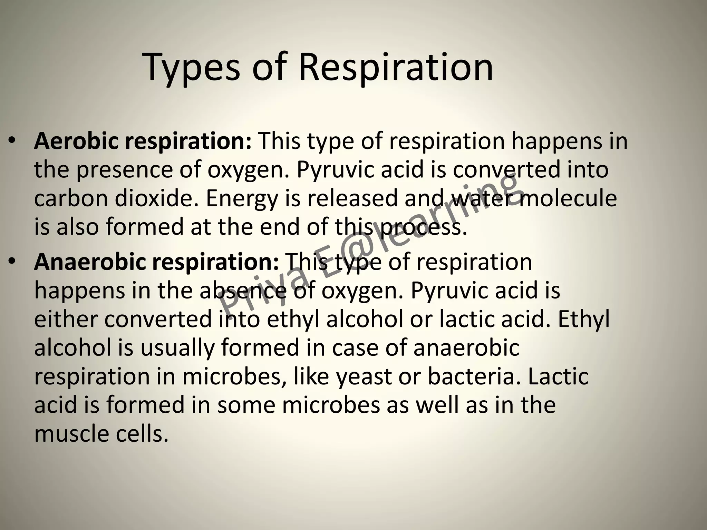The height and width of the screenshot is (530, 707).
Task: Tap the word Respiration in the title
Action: pos(396,67)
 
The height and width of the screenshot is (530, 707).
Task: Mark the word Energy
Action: pos(242,199)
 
